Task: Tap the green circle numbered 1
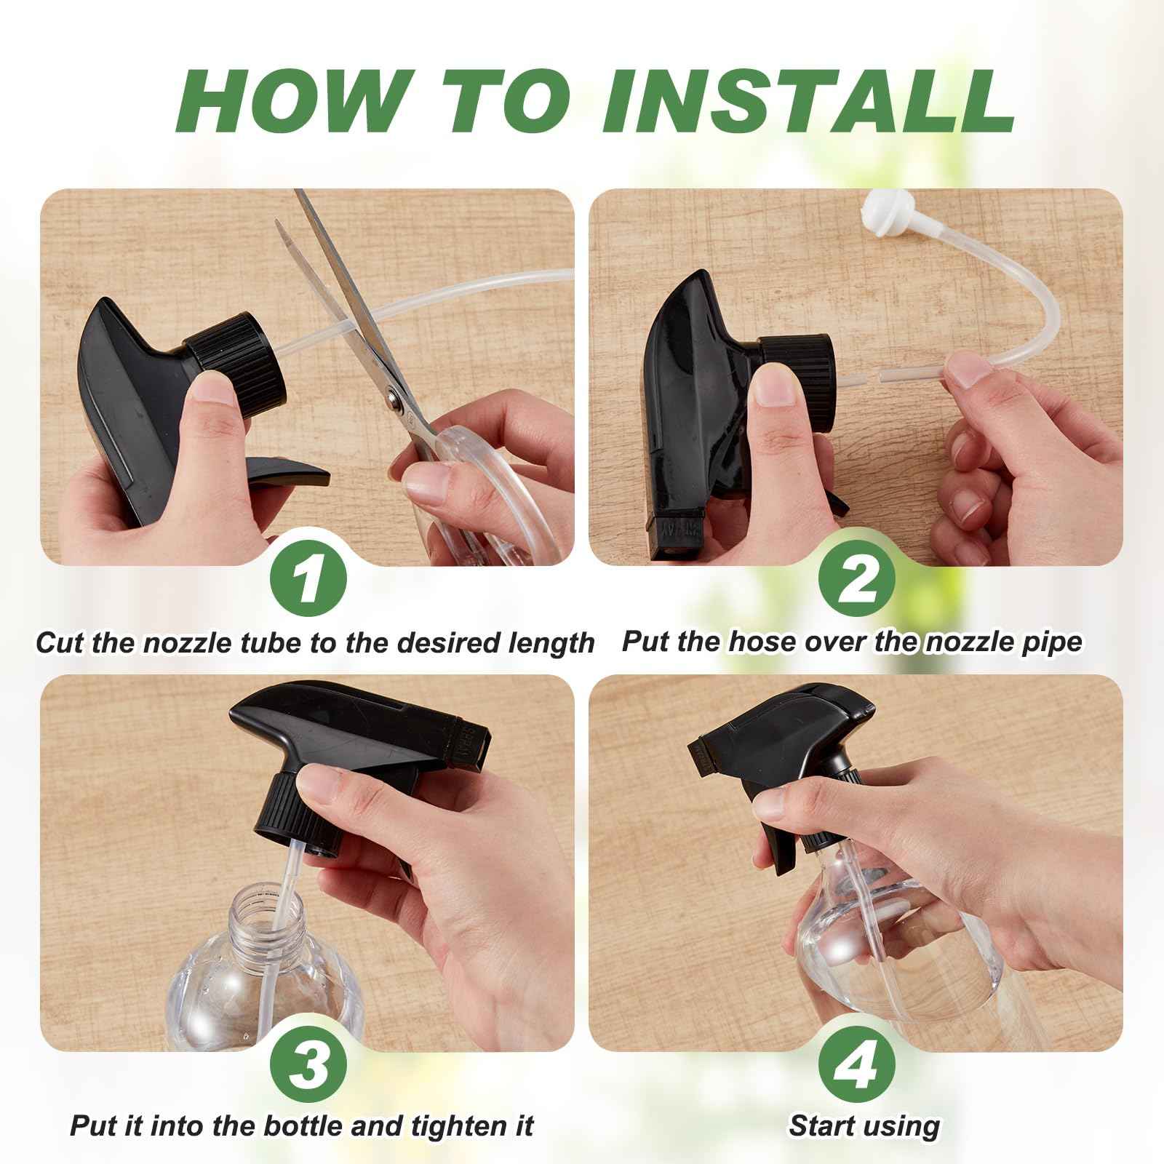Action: coord(308,580)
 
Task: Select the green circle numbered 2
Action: coord(857,580)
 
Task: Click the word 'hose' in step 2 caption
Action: coord(736,642)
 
